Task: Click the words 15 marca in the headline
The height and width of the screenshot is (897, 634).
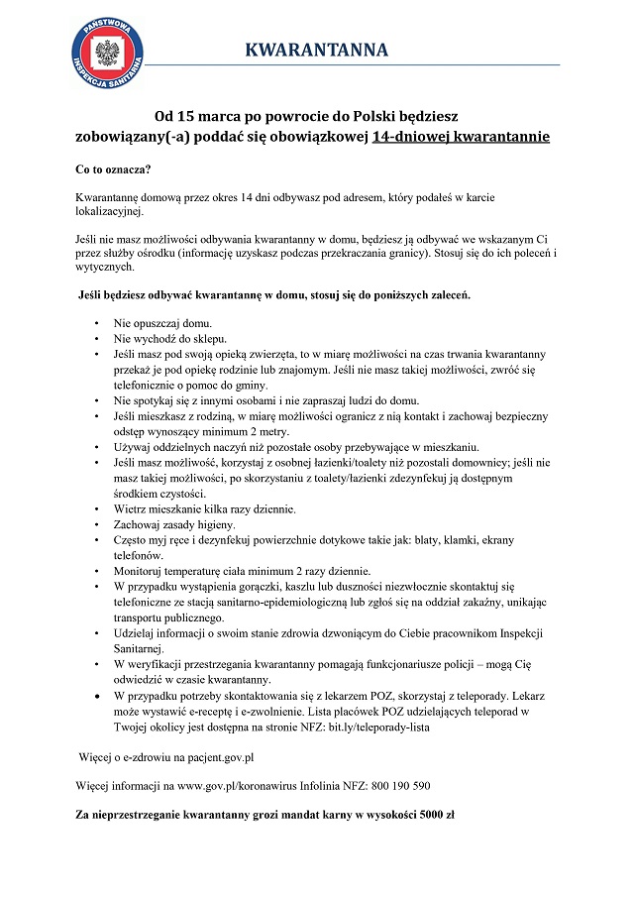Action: click(x=216, y=116)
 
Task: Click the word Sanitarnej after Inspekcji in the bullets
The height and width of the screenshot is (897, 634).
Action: click(x=141, y=647)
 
